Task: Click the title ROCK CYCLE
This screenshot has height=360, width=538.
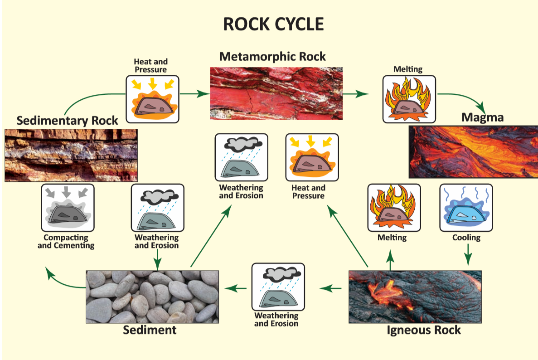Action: [x=273, y=24]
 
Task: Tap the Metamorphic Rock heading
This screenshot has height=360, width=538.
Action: [x=272, y=57]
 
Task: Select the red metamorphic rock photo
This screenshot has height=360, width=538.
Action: [x=276, y=93]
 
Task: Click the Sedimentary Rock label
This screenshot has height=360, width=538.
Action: [x=67, y=121]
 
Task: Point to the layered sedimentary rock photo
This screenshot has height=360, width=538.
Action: [x=71, y=155]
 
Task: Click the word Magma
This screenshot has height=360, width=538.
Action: [x=482, y=118]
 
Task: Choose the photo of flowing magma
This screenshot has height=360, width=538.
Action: [x=473, y=152]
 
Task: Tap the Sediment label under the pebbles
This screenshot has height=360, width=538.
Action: [x=150, y=330]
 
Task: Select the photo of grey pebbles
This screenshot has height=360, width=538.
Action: [x=152, y=297]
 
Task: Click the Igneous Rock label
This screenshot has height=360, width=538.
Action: [x=423, y=330]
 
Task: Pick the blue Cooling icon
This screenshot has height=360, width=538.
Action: [x=466, y=208]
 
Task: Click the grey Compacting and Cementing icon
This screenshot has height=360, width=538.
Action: [x=68, y=208]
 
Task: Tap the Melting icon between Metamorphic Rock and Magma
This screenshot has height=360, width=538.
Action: [x=409, y=99]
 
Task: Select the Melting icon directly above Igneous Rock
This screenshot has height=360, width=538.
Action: [x=393, y=208]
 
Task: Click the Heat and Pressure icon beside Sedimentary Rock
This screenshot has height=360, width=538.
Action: [x=152, y=99]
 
